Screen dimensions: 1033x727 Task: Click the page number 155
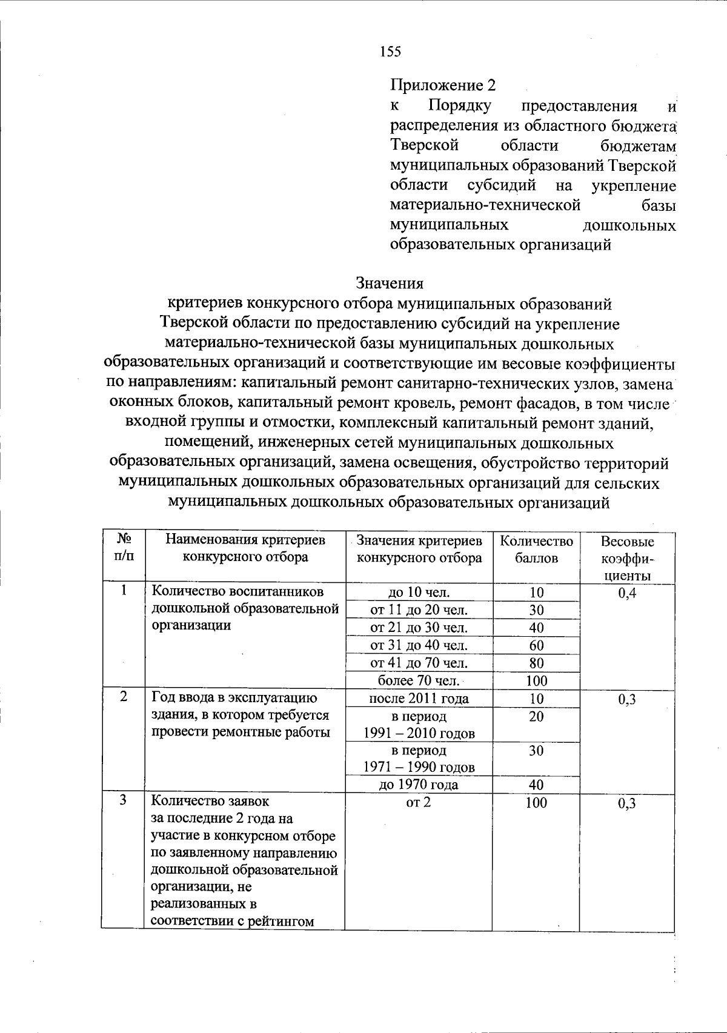pyautogui.click(x=390, y=52)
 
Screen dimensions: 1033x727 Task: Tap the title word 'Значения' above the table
pyautogui.click(x=390, y=283)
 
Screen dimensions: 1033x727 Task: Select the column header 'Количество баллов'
pyautogui.click(x=536, y=549)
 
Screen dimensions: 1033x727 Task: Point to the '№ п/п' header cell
pyautogui.click(x=124, y=546)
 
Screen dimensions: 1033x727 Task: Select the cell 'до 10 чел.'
pyautogui.click(x=419, y=593)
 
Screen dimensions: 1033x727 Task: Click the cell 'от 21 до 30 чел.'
pyautogui.click(x=419, y=628)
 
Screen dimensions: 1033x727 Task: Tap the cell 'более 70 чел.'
pyautogui.click(x=419, y=680)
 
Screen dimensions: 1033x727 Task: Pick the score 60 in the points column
pyautogui.click(x=536, y=645)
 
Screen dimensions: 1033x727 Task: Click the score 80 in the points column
pyautogui.click(x=536, y=663)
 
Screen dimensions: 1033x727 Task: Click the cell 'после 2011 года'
pyautogui.click(x=419, y=698)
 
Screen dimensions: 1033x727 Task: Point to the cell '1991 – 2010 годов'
pyautogui.click(x=419, y=734)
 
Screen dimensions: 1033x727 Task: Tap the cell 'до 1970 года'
pyautogui.click(x=419, y=785)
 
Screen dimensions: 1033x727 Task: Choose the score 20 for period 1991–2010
pyautogui.click(x=536, y=716)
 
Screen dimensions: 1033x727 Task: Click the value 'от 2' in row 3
pyautogui.click(x=419, y=802)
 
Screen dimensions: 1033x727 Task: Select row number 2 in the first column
pyautogui.click(x=124, y=697)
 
